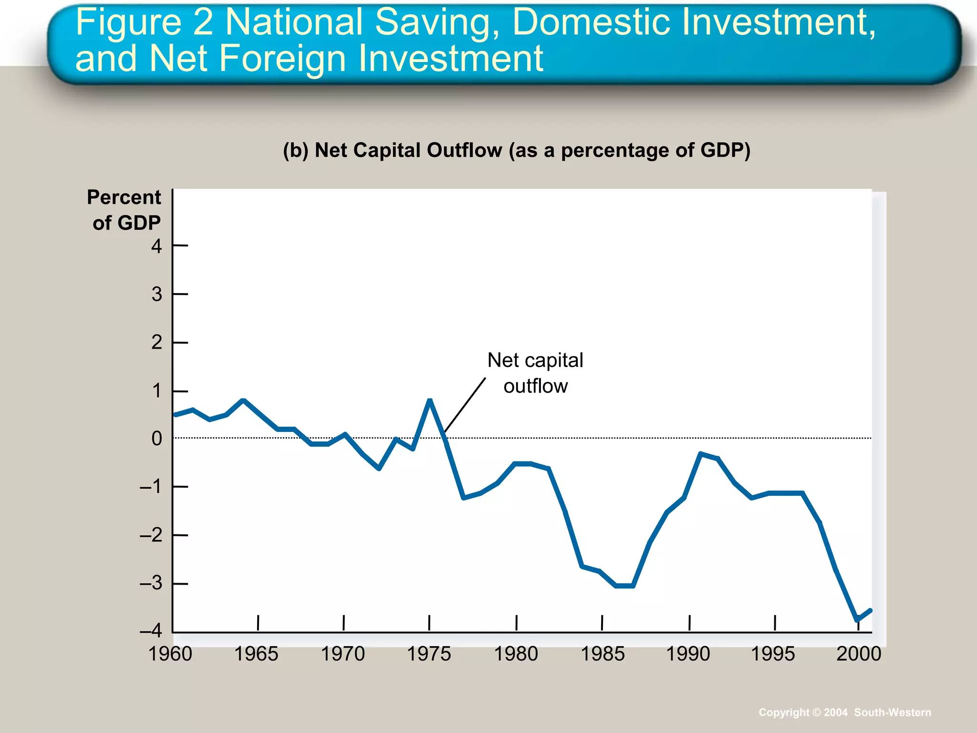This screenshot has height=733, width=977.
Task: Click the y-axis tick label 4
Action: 156,246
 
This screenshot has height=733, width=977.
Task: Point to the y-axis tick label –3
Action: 150,583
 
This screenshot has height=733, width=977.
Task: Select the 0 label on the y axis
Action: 156,438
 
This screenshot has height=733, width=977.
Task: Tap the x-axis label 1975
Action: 428,654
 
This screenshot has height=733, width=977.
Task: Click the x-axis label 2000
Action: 859,654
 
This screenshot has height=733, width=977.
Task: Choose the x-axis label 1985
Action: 602,654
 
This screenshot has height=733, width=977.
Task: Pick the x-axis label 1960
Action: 170,654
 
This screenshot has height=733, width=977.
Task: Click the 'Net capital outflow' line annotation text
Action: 535,373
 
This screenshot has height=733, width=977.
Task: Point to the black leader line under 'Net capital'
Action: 465,405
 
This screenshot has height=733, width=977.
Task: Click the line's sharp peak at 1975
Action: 430,400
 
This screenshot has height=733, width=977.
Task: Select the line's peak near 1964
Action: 243,400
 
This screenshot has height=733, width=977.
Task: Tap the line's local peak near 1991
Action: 701,453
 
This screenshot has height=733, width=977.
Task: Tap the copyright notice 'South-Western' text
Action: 892,712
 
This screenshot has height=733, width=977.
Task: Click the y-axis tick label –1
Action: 150,487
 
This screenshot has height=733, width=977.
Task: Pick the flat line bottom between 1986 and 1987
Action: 624,586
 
